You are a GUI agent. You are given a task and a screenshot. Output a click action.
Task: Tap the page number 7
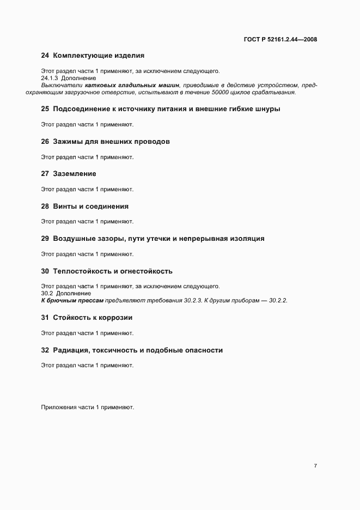point(315,465)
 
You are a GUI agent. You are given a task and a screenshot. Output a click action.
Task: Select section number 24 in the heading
point(45,55)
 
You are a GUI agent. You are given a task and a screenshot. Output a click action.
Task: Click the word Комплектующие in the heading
point(82,55)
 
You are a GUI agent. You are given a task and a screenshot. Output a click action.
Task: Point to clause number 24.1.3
point(50,78)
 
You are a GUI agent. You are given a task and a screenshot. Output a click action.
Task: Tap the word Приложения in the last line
point(59,407)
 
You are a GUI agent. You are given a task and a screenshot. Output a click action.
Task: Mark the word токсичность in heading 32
point(117,350)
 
